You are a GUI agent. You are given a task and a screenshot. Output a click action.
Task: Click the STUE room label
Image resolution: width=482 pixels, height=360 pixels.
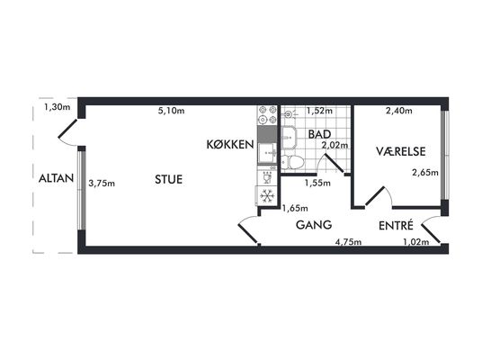tap(168, 179)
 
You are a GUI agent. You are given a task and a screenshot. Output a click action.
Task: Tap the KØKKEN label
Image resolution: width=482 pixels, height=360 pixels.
tap(230, 144)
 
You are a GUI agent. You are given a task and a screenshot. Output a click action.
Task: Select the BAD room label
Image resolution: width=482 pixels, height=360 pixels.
tap(319, 134)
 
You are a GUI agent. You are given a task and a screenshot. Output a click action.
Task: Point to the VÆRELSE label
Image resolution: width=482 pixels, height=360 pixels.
tap(401, 151)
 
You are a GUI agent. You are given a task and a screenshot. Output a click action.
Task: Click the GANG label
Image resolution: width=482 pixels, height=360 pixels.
tap(314, 225)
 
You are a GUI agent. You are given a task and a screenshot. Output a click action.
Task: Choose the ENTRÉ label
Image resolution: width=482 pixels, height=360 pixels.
tap(396, 226)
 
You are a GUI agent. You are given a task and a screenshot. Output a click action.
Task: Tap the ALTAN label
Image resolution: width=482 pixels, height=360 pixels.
tap(56, 178)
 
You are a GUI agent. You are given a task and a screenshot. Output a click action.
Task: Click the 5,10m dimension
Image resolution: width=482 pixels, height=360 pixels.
tap(171, 111)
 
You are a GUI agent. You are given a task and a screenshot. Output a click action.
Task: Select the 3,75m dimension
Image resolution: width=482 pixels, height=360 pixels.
tap(102, 184)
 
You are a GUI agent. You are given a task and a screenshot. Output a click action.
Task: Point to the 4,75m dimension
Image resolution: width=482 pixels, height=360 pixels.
tap(348, 242)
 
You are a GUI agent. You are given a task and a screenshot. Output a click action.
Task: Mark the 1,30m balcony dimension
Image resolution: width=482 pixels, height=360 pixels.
tap(58, 107)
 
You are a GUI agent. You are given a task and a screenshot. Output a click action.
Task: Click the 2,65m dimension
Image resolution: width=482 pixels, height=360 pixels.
tap(425, 173)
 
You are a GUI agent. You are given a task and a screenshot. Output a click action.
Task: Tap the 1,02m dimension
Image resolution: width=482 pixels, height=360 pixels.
tap(416, 242)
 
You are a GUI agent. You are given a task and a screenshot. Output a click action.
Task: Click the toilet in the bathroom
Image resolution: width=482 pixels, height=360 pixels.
tap(291, 162)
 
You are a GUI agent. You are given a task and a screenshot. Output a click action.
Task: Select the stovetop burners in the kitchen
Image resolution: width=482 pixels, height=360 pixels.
tap(267, 114)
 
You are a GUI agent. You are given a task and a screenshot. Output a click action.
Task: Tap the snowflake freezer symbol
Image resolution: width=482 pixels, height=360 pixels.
tap(266, 195)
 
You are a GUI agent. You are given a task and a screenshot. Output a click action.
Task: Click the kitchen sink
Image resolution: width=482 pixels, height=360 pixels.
tap(266, 153)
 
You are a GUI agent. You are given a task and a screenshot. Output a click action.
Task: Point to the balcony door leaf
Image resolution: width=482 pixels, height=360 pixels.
tap(67, 129)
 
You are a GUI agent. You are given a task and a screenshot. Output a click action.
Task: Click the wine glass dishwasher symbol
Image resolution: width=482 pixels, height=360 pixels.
tap(267, 177)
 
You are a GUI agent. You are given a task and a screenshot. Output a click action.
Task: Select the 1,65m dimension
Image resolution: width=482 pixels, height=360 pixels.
tap(295, 208)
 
